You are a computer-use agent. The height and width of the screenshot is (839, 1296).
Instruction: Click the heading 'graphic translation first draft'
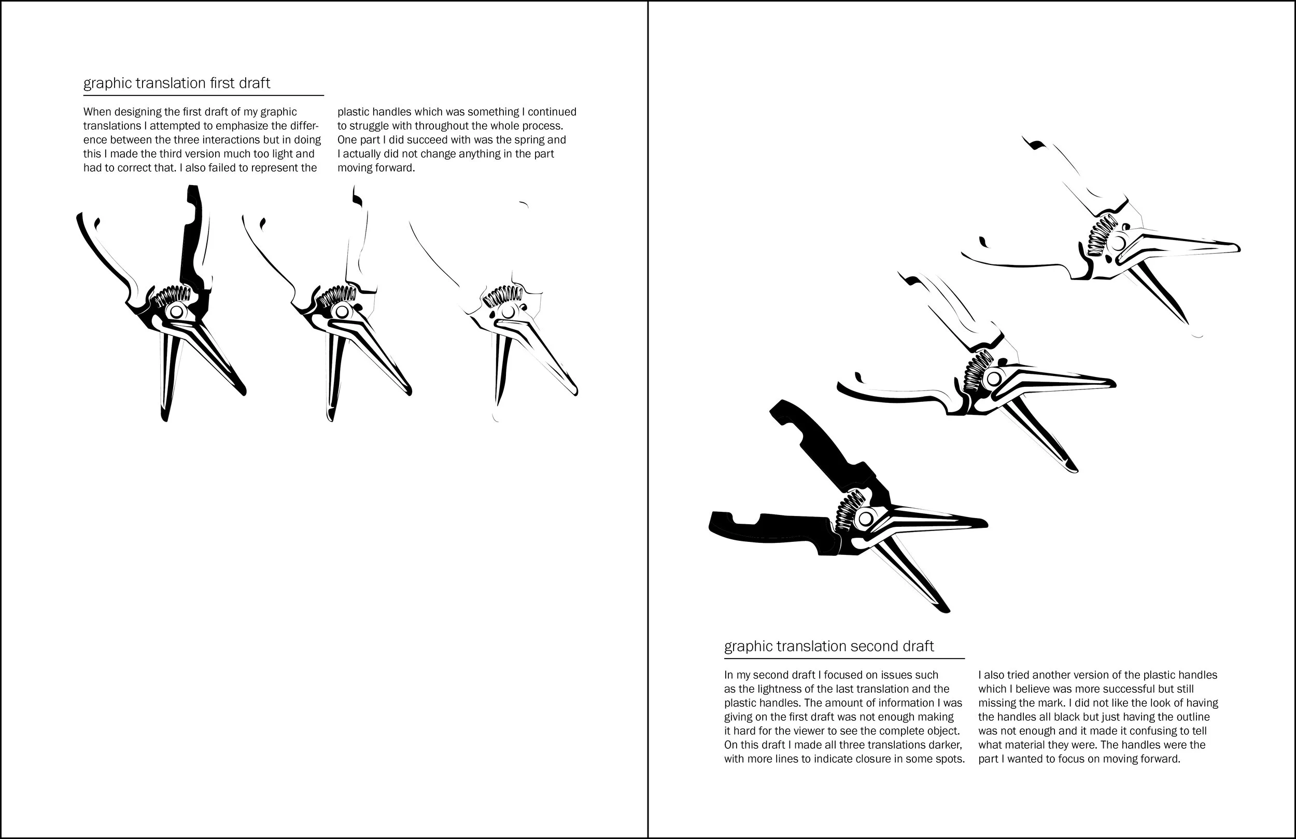[176, 83]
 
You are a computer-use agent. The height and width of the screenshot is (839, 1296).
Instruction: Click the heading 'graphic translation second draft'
[829, 647]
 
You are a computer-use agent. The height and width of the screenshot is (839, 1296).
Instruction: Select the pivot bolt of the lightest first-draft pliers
[508, 312]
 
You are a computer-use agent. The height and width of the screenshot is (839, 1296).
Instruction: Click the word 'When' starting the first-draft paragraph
[96, 112]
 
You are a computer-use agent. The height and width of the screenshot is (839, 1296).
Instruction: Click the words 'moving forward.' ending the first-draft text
[376, 169]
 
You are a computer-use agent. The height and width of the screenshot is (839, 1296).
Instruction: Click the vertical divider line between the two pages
[647, 420]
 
